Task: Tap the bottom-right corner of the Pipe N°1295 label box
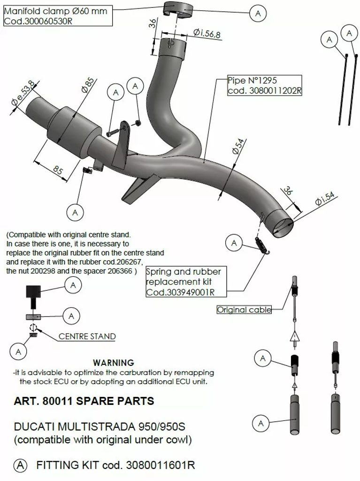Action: point(302,96)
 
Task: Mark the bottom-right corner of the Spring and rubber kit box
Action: point(227,297)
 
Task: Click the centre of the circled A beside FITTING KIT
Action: point(20,465)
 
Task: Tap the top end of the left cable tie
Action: point(346,55)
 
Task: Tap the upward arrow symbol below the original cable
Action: point(294,337)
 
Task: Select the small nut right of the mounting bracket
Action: point(138,124)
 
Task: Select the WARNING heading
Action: point(114,363)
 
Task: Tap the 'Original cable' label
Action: point(244,310)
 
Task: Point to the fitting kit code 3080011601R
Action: point(161,465)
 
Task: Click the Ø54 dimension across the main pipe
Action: point(238,147)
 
